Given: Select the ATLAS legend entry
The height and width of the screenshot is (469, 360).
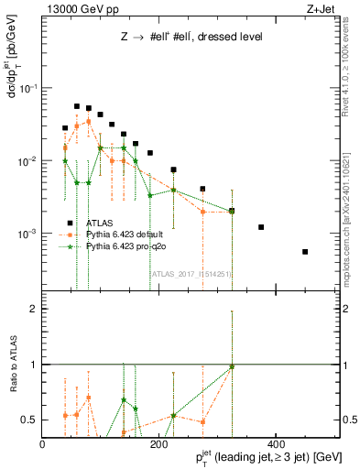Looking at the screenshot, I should pyautogui.click(x=101, y=222).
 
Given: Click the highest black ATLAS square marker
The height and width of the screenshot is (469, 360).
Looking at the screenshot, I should pyautogui.click(x=77, y=106).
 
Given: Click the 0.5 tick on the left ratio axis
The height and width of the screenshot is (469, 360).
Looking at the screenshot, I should pyautogui.click(x=29, y=420).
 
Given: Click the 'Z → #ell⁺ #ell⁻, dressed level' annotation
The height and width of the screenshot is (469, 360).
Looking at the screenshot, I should pyautogui.click(x=191, y=38).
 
